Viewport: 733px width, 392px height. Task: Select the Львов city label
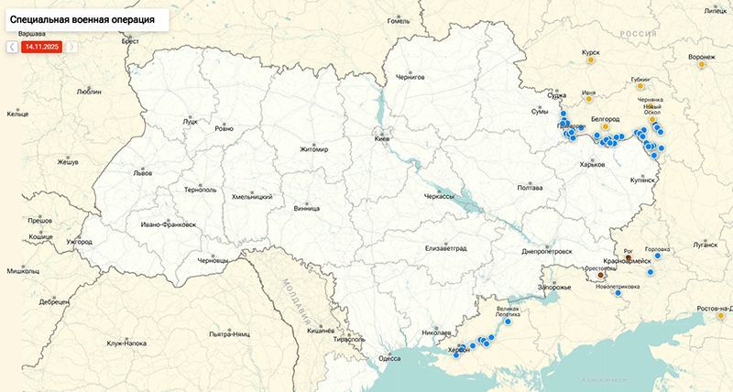143,172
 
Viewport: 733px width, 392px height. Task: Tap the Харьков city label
593,165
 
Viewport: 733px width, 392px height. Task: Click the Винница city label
307,208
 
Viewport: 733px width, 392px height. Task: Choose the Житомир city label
313,149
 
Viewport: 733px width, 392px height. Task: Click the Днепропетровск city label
546,250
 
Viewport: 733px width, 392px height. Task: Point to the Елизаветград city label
446,248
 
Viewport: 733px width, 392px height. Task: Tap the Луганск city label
705,245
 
